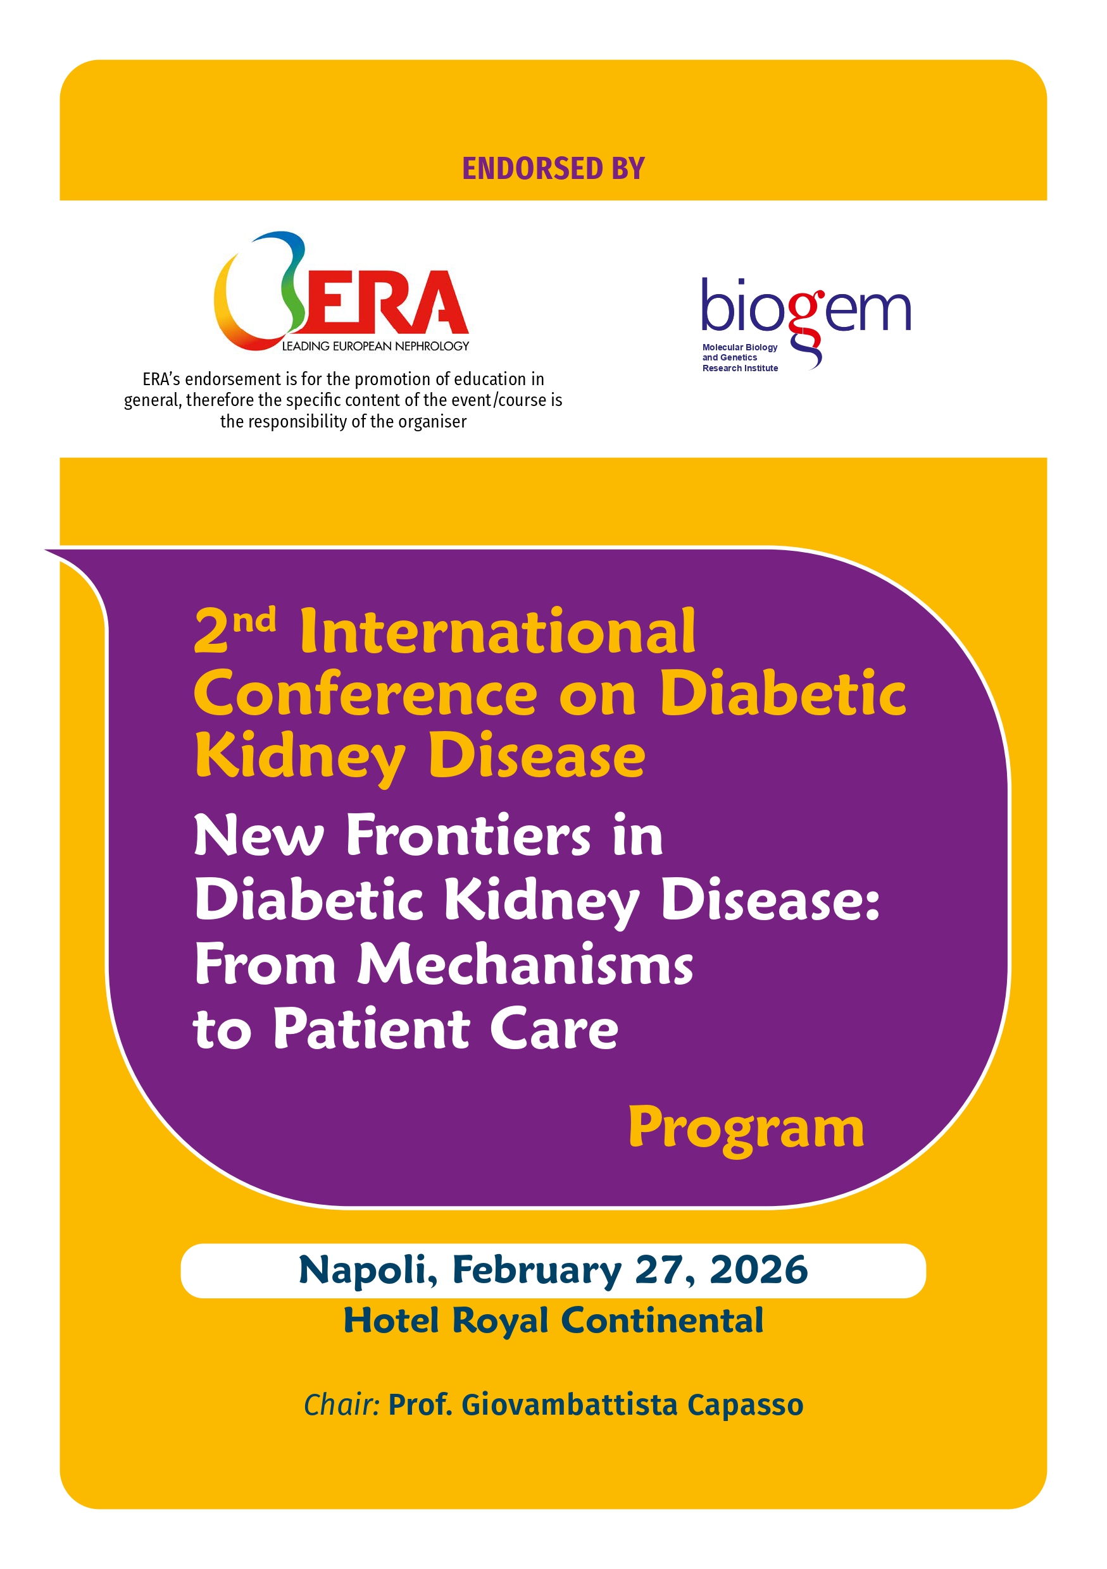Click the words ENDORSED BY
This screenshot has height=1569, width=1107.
[x=553, y=169]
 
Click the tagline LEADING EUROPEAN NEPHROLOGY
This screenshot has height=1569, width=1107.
[x=375, y=347]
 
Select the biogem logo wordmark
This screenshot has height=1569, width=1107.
[x=806, y=311]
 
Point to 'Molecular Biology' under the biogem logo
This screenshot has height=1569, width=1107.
[x=739, y=347]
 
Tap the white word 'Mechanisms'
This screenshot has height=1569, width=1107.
[x=525, y=964]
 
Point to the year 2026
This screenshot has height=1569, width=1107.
[x=758, y=1270]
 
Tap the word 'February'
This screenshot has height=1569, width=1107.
[x=536, y=1270]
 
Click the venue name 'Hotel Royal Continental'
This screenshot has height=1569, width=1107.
[x=553, y=1320]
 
